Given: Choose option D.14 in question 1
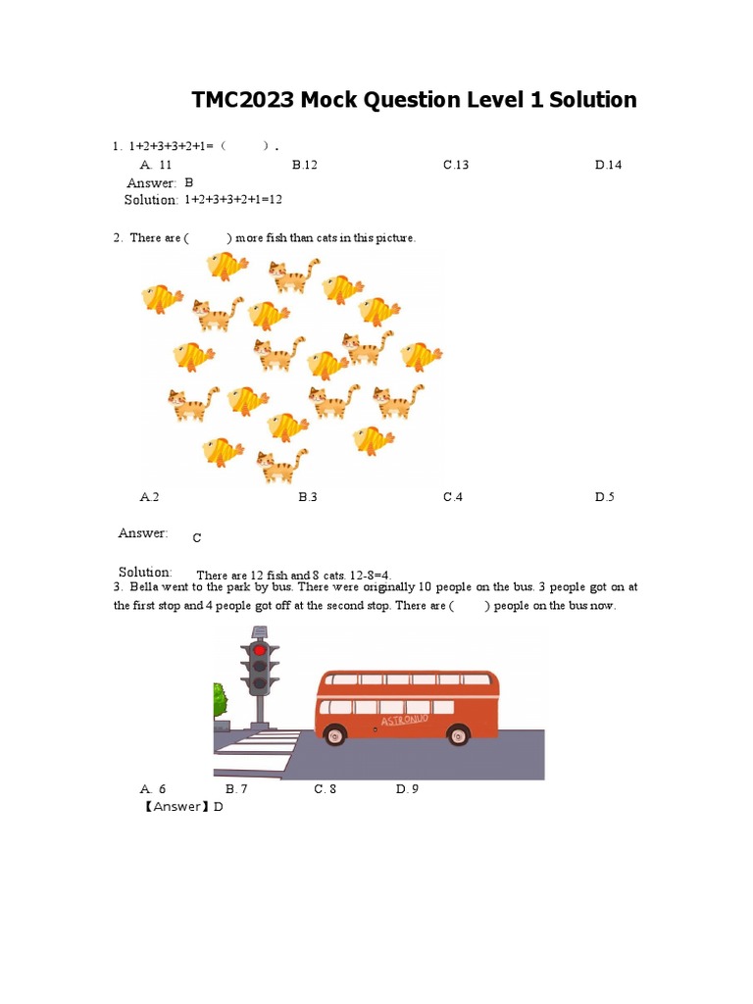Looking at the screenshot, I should pyautogui.click(x=608, y=165).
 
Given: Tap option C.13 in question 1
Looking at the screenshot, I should pyautogui.click(x=455, y=165).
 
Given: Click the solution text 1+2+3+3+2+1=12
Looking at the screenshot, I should pyautogui.click(x=233, y=200).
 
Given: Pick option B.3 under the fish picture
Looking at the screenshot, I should pyautogui.click(x=308, y=497).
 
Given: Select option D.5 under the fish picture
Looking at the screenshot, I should pyautogui.click(x=604, y=497).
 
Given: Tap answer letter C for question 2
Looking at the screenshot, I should pyautogui.click(x=196, y=538).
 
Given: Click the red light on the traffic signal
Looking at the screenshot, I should pyautogui.click(x=260, y=649).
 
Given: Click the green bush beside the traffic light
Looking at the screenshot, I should pyautogui.click(x=221, y=701).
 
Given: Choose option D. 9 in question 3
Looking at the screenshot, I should pyautogui.click(x=407, y=789).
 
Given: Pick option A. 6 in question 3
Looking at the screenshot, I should pyautogui.click(x=153, y=789).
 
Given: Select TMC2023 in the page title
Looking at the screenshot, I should pyautogui.click(x=240, y=100).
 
